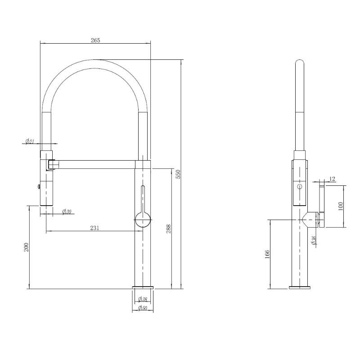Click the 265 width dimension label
click(95, 40)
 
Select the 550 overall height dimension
click(179, 174)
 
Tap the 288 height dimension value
click(169, 229)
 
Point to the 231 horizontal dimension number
click(94, 228)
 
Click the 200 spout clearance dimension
click(27, 247)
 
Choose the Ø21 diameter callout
click(30, 141)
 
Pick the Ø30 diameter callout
click(67, 211)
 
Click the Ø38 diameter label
click(143, 299)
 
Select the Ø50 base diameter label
click(143, 308)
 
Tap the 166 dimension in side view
click(267, 254)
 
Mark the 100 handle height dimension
click(341, 206)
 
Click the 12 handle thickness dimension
click(332, 179)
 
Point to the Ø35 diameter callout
click(314, 240)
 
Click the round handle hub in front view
click(143, 220)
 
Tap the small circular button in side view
click(300, 186)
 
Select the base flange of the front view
click(143, 288)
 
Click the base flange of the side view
click(300, 288)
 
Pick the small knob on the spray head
click(39, 187)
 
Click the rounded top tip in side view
click(300, 62)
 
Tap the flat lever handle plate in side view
click(322, 206)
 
